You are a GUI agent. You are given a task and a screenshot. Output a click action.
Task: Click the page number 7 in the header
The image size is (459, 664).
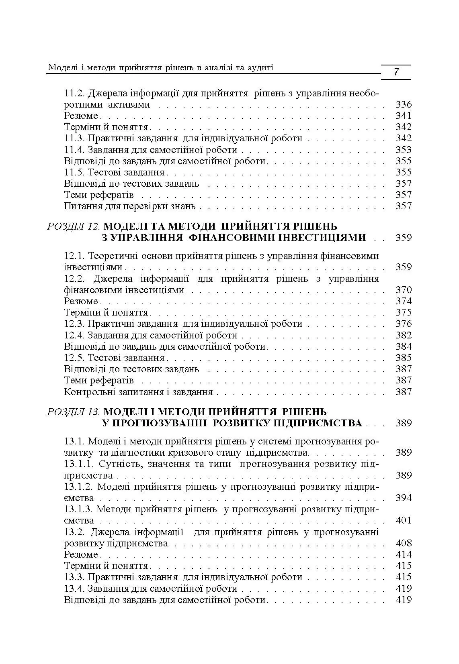coord(396,72)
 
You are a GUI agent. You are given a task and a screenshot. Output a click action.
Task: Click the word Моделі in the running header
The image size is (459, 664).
coord(61,67)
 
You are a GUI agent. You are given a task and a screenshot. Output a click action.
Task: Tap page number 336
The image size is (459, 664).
coord(404,105)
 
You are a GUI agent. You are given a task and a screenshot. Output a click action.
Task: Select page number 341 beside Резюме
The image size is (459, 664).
coord(404,116)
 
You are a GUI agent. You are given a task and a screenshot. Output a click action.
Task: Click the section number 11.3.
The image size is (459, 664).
coord(74,139)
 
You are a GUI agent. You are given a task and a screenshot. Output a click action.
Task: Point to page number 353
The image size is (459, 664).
coord(404,150)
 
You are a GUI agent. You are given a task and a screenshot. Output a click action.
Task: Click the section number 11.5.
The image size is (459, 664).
coord(74,172)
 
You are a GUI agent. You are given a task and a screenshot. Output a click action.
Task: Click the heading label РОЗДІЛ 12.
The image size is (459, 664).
coord(74,226)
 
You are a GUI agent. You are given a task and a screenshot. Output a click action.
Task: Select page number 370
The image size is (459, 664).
coord(404,290)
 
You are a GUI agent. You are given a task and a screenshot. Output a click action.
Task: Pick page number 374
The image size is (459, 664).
coord(404,301)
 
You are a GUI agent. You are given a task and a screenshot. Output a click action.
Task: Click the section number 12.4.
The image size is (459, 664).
coord(74,335)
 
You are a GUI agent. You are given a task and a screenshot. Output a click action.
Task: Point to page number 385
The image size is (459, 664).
coord(404,358)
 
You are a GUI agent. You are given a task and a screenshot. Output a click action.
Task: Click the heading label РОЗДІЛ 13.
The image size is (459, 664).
coord(74,411)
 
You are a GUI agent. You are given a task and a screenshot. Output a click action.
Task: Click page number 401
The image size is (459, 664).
coord(404,521)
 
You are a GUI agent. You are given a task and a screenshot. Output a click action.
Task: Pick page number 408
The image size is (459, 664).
coord(404,543)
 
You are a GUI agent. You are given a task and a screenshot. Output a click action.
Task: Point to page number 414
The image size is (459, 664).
coord(404,554)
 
